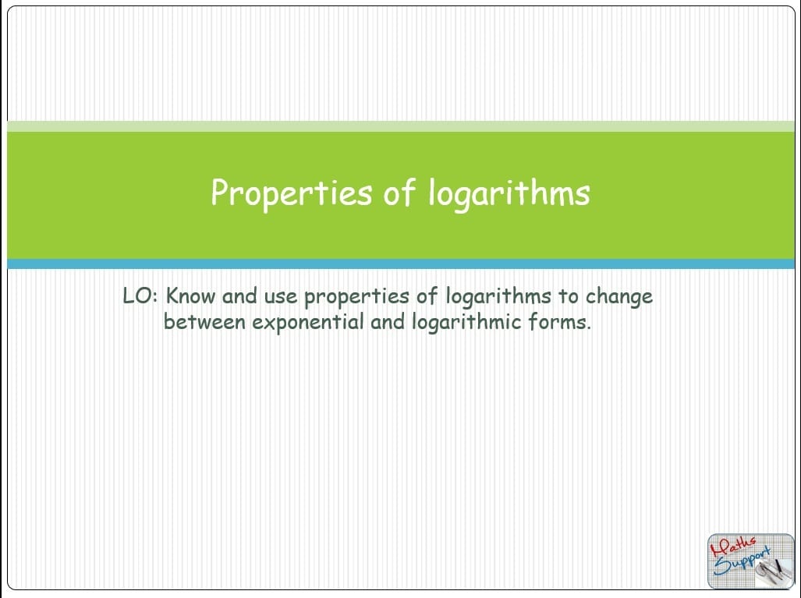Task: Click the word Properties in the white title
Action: point(291,193)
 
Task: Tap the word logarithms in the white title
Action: point(509,193)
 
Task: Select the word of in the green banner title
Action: point(399,193)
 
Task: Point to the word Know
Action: point(190,295)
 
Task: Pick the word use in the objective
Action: point(281,297)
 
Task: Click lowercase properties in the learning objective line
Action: point(356,298)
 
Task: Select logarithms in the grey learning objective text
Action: point(498,298)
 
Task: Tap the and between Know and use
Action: point(239,295)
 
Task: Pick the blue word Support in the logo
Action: point(742,562)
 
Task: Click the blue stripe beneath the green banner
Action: point(401,264)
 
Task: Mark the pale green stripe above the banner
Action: point(401,126)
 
